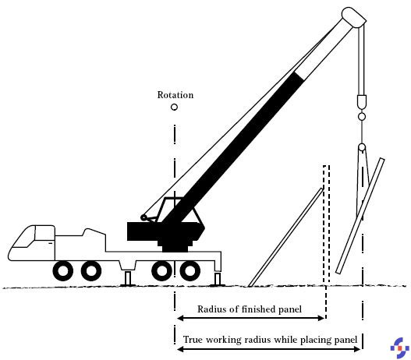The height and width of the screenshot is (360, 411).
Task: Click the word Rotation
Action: pos(175,95)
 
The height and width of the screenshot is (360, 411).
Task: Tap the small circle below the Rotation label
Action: pos(174,107)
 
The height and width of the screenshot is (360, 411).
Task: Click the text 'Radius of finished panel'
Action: pos(250,309)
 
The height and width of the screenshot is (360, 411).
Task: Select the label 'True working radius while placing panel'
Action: pos(270,340)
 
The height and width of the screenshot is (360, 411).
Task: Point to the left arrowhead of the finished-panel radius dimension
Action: pos(180,319)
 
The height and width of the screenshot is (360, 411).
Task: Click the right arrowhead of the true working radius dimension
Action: pos(357,349)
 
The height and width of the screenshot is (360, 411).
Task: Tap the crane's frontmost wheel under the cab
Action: pos(63,271)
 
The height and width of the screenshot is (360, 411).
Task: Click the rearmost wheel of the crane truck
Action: pos(190,271)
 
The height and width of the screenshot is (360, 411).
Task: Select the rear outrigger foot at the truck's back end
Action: pos(217,279)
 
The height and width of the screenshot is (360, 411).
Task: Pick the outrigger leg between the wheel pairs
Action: pos(128,279)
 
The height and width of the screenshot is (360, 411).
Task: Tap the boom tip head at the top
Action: pos(354,17)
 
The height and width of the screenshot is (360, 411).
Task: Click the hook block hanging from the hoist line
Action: pos(361,102)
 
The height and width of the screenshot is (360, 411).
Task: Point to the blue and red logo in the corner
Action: pos(400,348)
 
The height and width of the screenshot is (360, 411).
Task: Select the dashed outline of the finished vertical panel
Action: pos(326,225)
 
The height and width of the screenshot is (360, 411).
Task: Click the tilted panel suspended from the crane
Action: pos(360,216)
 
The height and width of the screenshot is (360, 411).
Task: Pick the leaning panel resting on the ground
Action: pos(285,237)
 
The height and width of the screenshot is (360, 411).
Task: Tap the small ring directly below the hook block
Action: pos(361,117)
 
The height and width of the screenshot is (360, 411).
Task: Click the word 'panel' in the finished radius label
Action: pos(290,309)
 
